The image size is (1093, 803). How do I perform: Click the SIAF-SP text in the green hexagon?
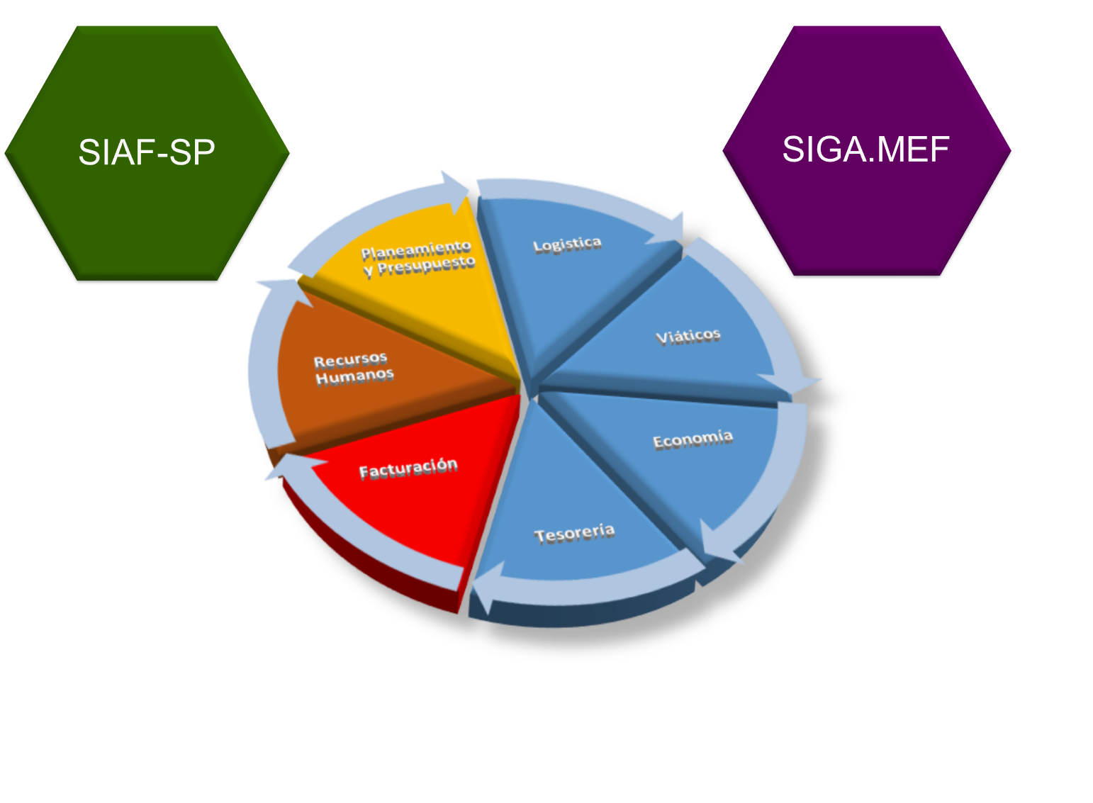coord(147,152)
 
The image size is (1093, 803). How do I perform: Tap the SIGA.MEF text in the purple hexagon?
coord(865,150)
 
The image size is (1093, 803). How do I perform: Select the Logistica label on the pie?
coord(567,245)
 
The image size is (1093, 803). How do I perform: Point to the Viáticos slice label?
coord(688,336)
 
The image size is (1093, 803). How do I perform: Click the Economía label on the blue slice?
coord(693,439)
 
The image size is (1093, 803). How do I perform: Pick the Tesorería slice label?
coord(574,533)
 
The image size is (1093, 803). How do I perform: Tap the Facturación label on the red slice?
coord(408,468)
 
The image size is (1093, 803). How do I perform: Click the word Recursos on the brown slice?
coord(350,360)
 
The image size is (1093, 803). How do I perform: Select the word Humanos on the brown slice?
coord(354,376)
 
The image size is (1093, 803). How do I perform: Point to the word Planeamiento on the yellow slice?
coord(416,249)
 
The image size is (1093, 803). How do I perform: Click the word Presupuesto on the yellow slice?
coord(426,266)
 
